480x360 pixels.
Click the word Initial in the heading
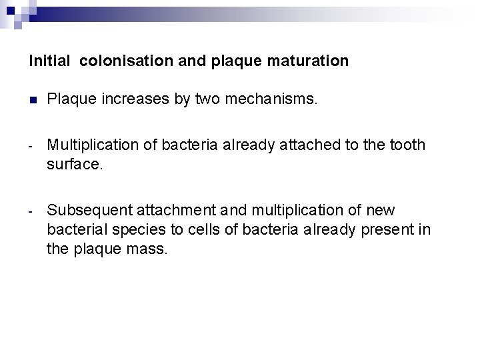[49, 61]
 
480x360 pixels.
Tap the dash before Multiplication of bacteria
[31, 145]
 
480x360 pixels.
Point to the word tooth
[407, 145]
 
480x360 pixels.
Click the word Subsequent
[89, 211]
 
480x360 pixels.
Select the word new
[380, 211]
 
